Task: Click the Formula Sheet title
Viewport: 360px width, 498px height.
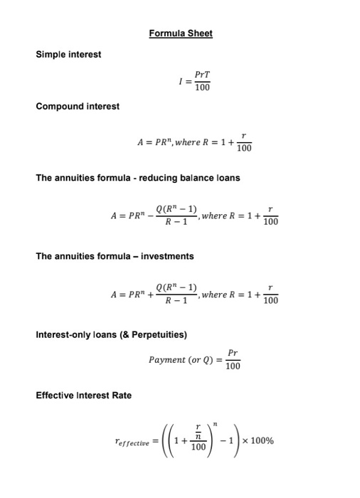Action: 181,33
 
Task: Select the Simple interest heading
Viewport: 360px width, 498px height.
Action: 68,54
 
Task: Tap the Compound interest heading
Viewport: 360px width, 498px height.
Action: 77,106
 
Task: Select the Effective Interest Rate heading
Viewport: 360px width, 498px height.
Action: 83,396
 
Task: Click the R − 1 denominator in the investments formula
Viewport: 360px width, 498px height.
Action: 176,302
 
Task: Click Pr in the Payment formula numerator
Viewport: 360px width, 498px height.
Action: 233,352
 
